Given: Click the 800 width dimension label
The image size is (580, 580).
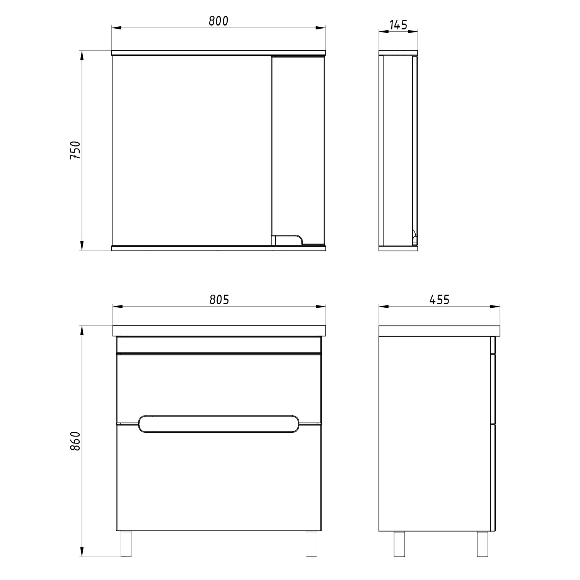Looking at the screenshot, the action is (218, 20).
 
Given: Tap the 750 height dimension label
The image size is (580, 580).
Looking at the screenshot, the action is (75, 150).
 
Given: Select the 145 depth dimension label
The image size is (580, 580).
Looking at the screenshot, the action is (398, 25).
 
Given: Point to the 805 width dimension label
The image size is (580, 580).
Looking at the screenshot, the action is (219, 300).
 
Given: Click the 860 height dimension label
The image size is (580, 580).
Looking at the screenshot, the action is (75, 441).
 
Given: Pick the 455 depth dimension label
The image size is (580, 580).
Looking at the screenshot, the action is (439, 300).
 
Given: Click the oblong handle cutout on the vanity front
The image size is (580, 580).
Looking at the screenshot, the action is (219, 424).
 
